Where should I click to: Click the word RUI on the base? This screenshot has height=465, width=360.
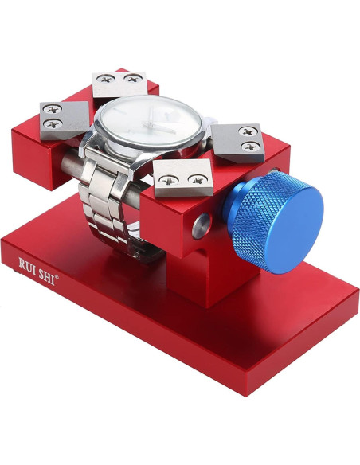pos(29,263)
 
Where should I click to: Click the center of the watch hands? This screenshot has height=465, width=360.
pos(152,128)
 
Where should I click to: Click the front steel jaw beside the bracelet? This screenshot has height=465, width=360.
pos(183,178)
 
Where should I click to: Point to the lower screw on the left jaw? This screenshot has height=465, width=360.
pos(54,124)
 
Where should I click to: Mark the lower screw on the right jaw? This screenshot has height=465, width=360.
pos(252,145)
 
